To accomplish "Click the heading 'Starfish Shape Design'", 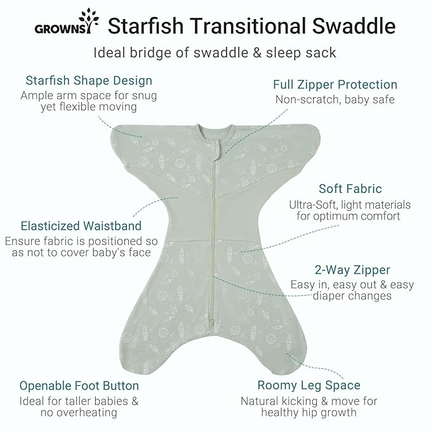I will [89, 81].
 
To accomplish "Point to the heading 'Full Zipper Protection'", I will [335, 84].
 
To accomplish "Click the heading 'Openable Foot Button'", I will [79, 386].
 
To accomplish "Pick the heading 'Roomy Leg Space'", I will [308, 385].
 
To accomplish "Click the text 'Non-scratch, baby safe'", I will [335, 100].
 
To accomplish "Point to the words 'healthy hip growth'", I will [309, 413].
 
